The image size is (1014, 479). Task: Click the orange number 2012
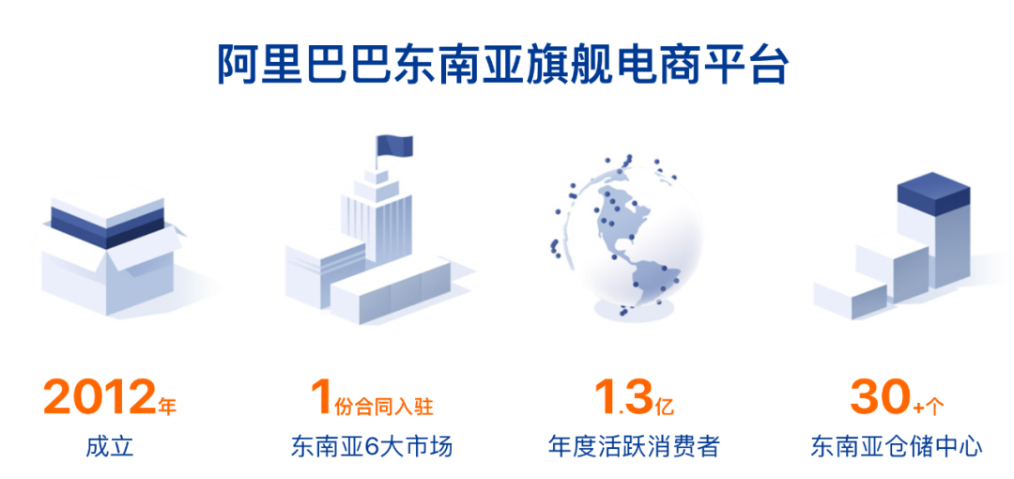pyautogui.click(x=100, y=398)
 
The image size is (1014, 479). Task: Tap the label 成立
pyautogui.click(x=110, y=447)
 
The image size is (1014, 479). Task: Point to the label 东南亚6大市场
pyautogui.click(x=371, y=447)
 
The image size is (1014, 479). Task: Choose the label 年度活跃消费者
pyautogui.click(x=633, y=447)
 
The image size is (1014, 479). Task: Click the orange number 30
pyautogui.click(x=878, y=398)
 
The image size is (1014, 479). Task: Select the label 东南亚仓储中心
pyautogui.click(x=897, y=447)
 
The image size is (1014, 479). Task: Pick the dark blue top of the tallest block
pyautogui.click(x=933, y=191)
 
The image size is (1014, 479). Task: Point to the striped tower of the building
pyautogui.click(x=376, y=219)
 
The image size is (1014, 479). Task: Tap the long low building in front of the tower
pyautogui.click(x=392, y=289)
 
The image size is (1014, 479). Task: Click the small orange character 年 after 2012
pyautogui.click(x=167, y=407)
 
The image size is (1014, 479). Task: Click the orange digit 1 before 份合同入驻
pyautogui.click(x=321, y=398)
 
